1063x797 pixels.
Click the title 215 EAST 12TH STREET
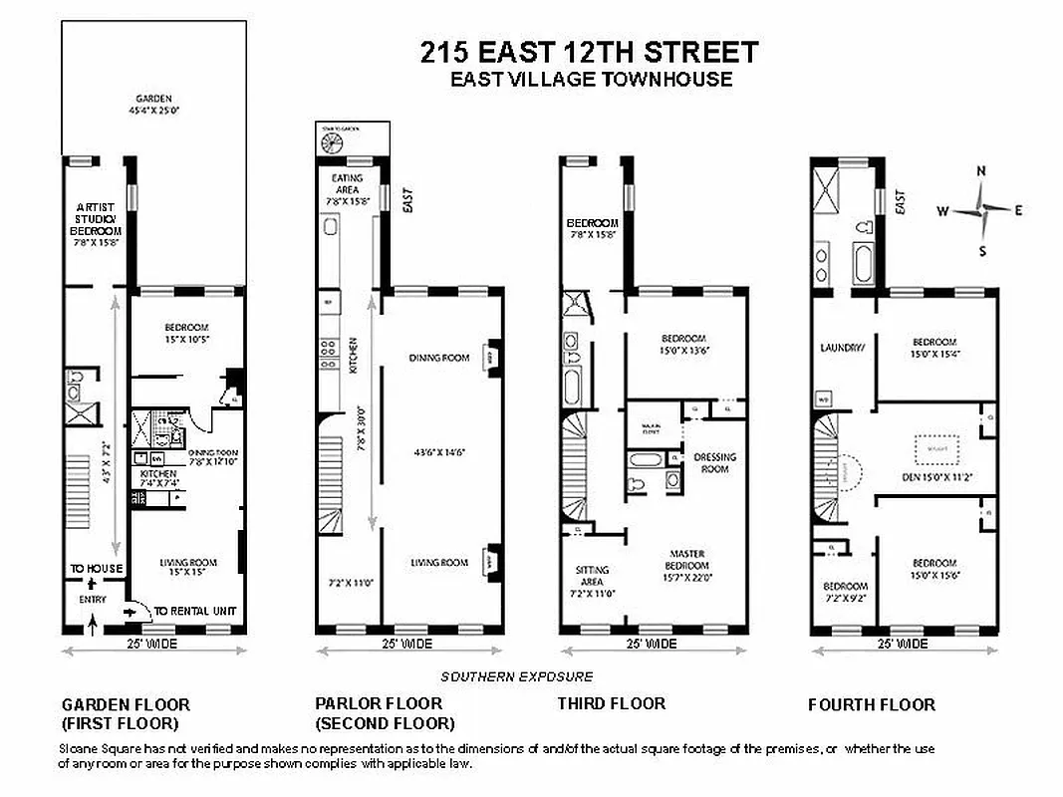click(x=590, y=52)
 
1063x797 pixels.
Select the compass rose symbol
click(x=981, y=209)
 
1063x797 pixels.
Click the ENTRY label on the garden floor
click(x=92, y=599)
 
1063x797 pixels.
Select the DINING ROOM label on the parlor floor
click(x=438, y=358)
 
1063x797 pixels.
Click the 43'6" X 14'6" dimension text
click(x=438, y=452)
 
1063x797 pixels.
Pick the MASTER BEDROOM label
click(x=688, y=560)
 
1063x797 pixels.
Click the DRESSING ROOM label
click(x=714, y=463)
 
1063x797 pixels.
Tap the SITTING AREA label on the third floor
click(x=593, y=576)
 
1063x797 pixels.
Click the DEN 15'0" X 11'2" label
click(x=935, y=477)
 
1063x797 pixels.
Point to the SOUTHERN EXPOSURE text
click(x=517, y=676)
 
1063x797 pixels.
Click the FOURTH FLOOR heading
click(x=872, y=704)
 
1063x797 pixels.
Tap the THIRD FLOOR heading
click(x=611, y=703)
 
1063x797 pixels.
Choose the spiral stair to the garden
click(x=330, y=142)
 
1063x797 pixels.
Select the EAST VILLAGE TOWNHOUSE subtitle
click(x=591, y=80)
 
